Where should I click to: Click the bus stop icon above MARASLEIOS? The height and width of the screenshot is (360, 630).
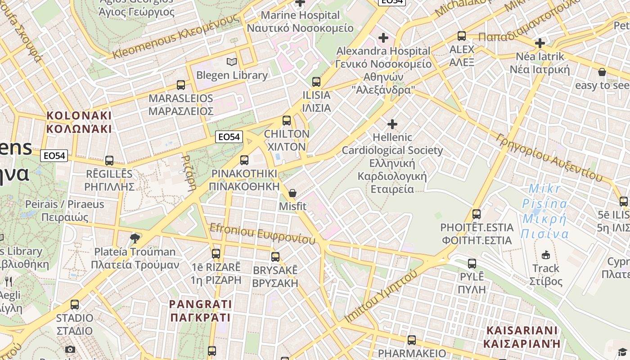181,85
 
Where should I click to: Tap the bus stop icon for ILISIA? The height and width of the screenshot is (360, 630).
316,81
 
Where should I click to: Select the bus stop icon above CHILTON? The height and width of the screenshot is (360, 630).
287,121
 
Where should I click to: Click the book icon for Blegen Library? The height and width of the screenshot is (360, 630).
232,62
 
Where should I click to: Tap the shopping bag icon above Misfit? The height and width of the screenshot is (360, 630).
292,193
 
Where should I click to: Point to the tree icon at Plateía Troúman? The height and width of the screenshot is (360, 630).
135,238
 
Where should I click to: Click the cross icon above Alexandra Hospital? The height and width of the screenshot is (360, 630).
383,37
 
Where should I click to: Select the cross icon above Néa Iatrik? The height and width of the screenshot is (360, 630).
540,43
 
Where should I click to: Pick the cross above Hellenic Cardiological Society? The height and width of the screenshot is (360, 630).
392,124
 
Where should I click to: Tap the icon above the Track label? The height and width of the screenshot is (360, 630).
546,255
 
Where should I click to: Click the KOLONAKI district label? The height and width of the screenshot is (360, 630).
79,122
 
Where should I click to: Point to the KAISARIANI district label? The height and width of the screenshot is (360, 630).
522,337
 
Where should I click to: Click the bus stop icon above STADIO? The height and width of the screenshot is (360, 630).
75,305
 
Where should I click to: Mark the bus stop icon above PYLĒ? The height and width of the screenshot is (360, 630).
472,263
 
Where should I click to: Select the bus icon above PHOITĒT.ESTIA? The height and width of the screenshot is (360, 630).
477,214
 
